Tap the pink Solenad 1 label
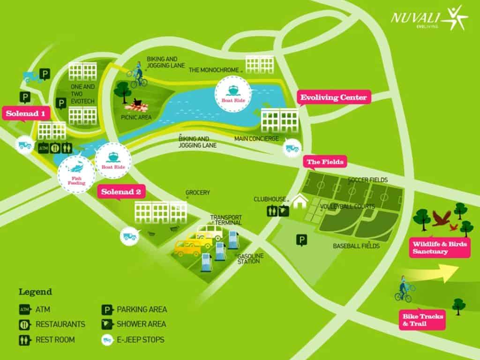tap(26, 113)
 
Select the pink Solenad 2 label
tap(121, 192)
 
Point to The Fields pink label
tap(325, 162)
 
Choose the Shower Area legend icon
tap(107, 324)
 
